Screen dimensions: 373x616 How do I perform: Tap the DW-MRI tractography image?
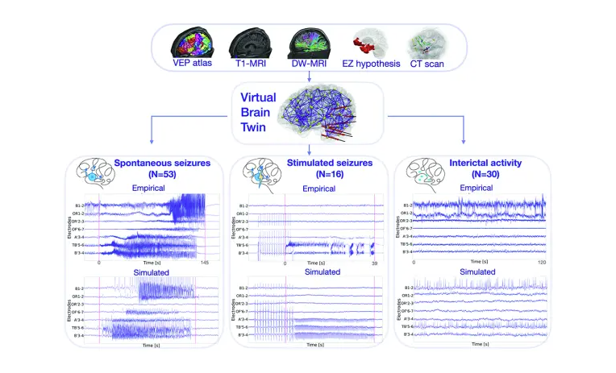pos(306,45)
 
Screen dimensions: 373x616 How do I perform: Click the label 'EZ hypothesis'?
pos(368,64)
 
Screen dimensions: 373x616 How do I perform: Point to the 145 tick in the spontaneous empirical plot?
pos(206,263)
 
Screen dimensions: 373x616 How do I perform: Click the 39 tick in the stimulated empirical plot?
pos(373,263)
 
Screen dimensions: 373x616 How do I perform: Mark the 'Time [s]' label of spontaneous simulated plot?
pos(155,344)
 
